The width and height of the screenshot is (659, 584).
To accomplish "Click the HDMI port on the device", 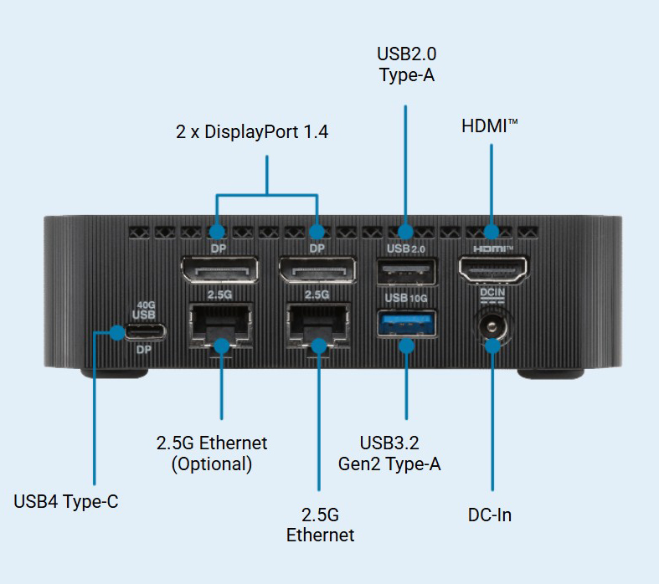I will point(492,269).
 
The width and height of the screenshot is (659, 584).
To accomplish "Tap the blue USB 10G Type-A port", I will point(406,323).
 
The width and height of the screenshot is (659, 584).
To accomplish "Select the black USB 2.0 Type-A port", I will point(406,273).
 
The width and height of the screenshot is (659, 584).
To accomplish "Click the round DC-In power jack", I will point(492,327).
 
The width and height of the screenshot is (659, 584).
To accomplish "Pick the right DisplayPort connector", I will point(317,271).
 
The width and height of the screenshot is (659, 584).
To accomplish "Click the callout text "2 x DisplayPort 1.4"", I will point(252,131).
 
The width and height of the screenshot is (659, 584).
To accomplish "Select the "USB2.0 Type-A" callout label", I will point(406,64).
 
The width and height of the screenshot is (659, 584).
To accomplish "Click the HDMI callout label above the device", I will point(490,126).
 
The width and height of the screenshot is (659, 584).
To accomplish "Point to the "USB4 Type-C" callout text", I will point(66,502).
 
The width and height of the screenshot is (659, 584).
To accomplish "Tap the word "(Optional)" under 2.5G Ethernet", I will point(212,464).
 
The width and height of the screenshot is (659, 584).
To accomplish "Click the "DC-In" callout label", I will point(490,515).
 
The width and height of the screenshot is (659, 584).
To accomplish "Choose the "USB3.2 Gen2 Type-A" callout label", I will point(400,453).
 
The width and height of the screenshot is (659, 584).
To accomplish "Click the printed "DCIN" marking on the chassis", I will point(492,293).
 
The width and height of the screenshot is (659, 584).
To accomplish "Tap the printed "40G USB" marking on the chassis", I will point(144,310).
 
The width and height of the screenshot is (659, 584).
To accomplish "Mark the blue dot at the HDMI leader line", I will point(492,230).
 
